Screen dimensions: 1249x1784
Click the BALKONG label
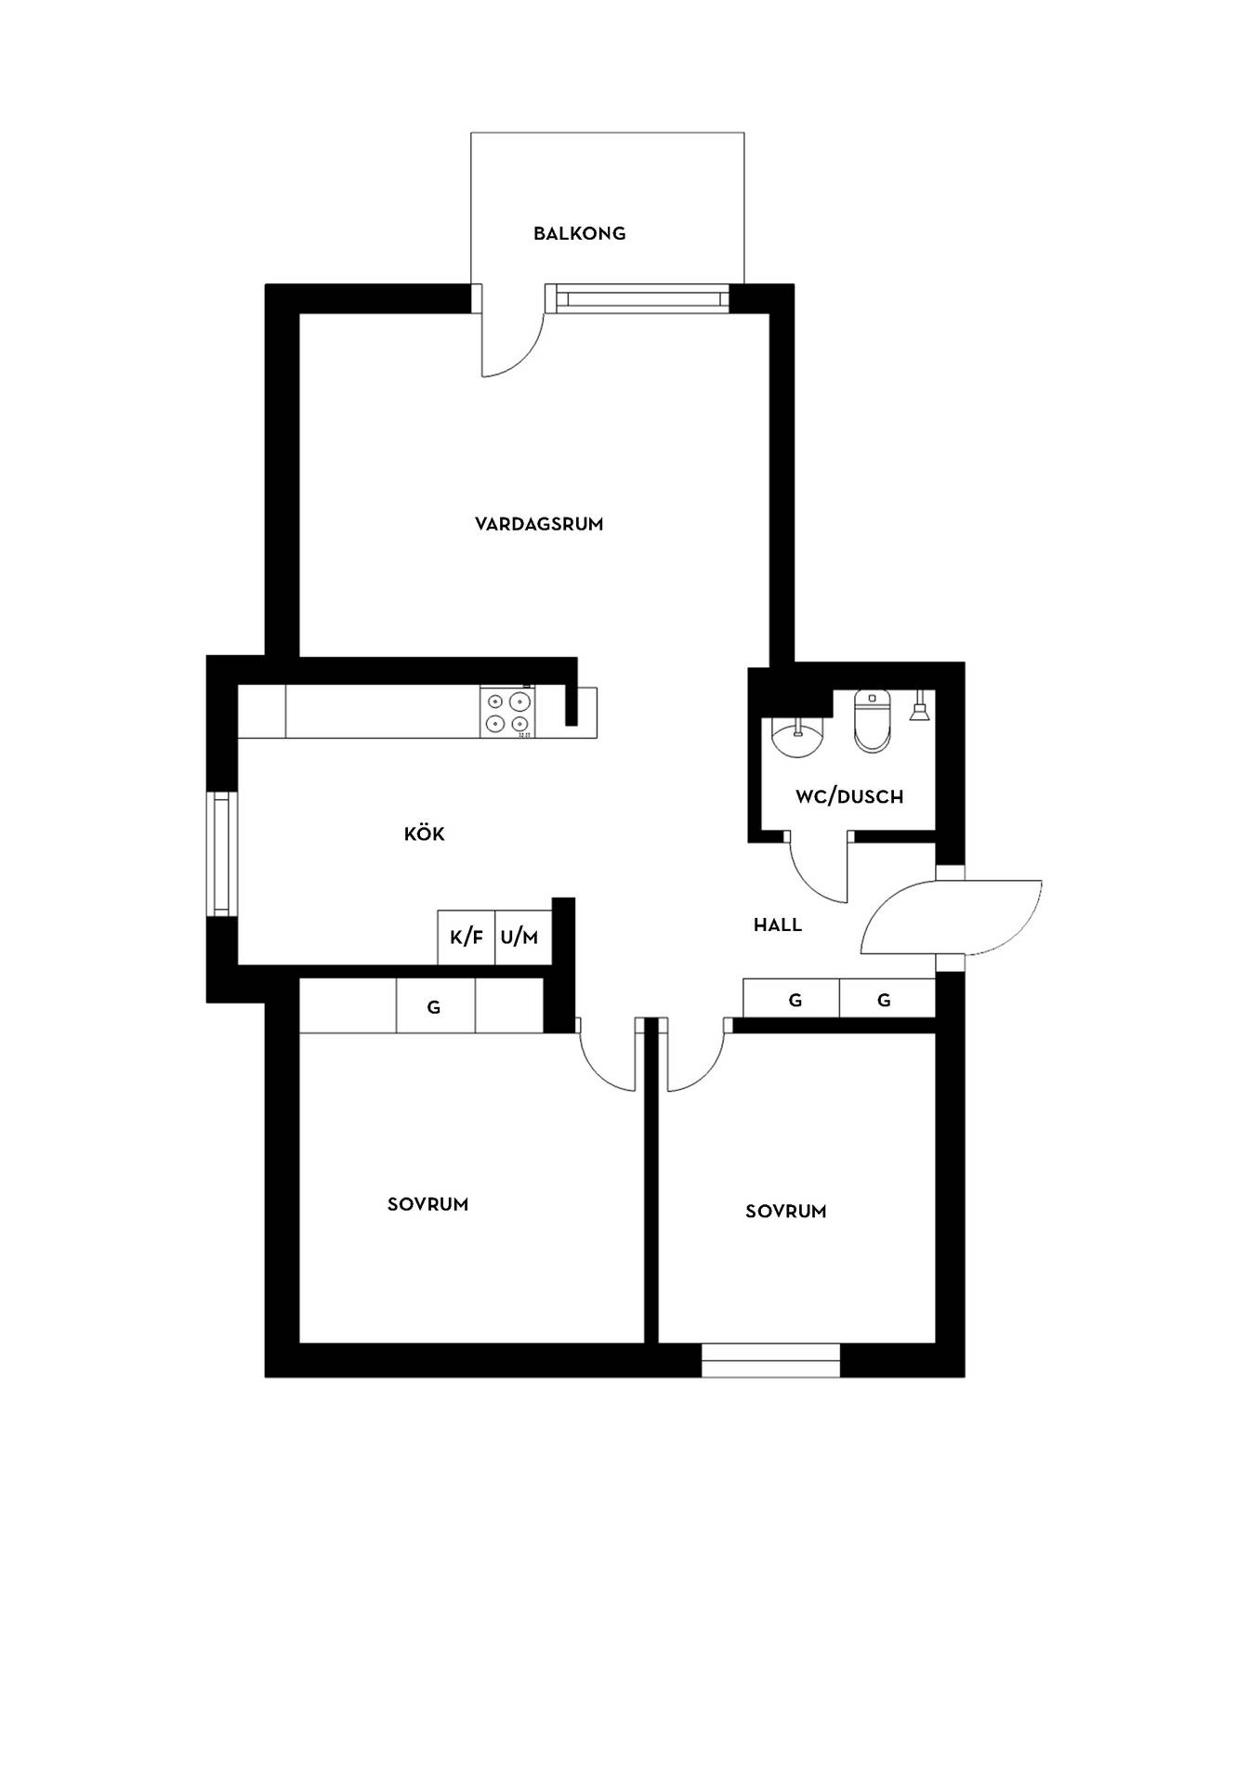[579, 233]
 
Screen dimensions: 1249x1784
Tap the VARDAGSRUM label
[539, 524]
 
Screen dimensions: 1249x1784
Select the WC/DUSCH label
[849, 796]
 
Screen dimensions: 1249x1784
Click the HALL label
[778, 925]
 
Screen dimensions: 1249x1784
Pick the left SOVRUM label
[427, 1204]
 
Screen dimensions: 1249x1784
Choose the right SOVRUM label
[785, 1211]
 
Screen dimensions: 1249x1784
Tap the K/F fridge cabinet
[467, 937]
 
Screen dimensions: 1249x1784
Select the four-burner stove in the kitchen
[507, 713]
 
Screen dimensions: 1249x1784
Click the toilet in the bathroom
[872, 720]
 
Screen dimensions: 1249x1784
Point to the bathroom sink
[797, 740]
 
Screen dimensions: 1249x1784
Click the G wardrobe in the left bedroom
[435, 1006]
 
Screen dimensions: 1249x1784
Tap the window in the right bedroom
[770, 1359]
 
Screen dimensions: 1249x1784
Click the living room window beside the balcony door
[643, 298]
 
